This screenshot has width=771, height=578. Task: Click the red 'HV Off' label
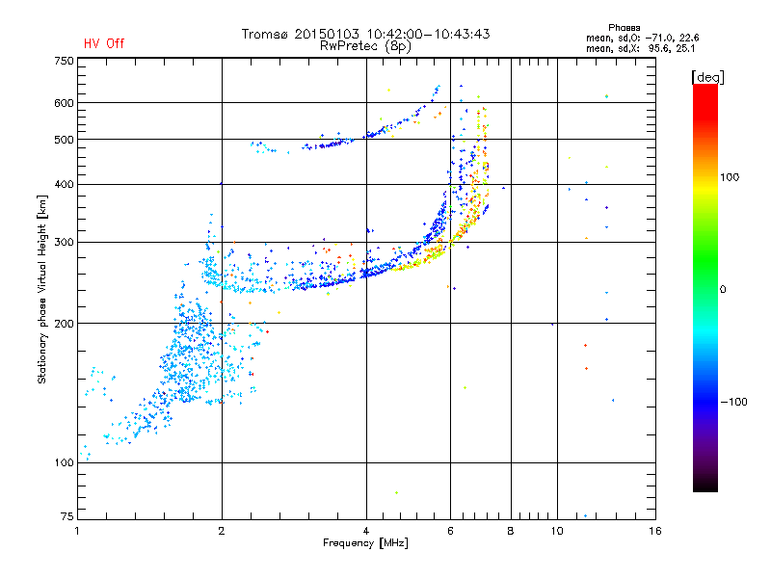point(103,43)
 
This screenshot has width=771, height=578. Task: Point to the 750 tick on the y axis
point(65,61)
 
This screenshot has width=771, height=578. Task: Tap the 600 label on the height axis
point(65,102)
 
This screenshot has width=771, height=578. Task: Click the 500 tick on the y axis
point(65,139)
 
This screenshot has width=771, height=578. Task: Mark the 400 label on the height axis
point(65,184)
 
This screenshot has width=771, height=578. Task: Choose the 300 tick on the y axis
point(65,242)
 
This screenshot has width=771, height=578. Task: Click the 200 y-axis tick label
point(65,323)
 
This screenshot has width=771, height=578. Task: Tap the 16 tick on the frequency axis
point(654,531)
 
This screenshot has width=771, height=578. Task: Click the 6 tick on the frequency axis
point(451,531)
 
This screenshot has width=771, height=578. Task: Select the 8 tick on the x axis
point(511,531)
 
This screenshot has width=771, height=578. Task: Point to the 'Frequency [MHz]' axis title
point(365,543)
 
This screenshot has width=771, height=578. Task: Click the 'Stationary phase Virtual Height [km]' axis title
point(42,289)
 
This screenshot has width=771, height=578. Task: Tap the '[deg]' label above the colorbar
point(707,76)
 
